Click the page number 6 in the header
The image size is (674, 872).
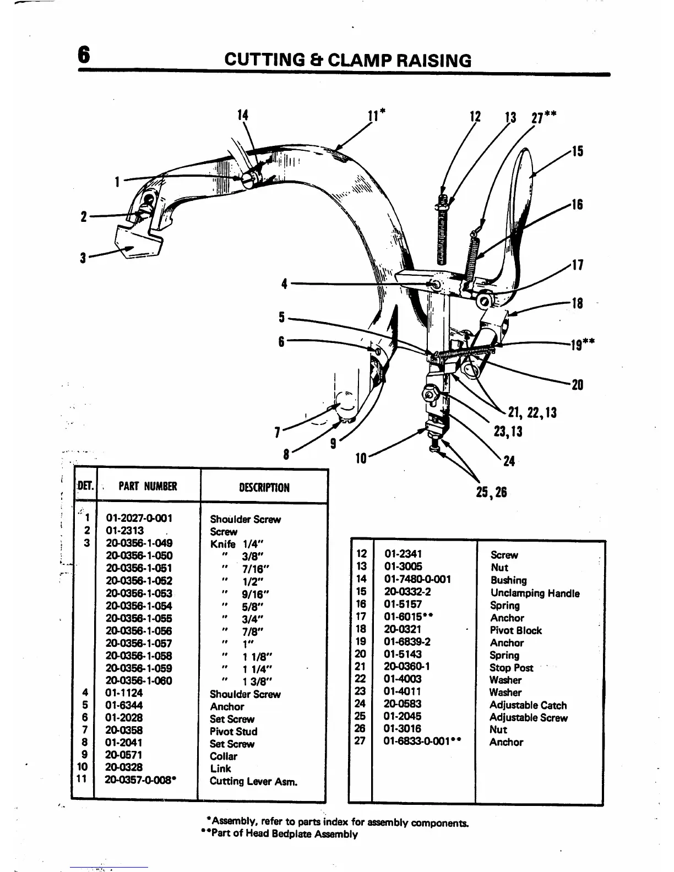[x=83, y=56]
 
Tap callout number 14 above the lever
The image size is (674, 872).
[x=242, y=115]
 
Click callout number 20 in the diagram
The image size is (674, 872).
[x=577, y=385]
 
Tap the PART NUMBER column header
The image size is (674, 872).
[x=148, y=487]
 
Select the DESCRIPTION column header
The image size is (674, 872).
[x=264, y=488]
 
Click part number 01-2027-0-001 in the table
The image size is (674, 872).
[x=139, y=518]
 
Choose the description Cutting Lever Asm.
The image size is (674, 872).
[x=253, y=781]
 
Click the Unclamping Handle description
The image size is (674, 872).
[x=535, y=593]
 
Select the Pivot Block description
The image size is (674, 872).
[x=516, y=631]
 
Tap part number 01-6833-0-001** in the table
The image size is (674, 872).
[x=422, y=742]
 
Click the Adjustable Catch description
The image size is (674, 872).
[x=528, y=705]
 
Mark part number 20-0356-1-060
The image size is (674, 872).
[x=139, y=681]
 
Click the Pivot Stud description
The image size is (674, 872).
[x=233, y=732]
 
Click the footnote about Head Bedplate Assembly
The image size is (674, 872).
[x=279, y=834]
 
